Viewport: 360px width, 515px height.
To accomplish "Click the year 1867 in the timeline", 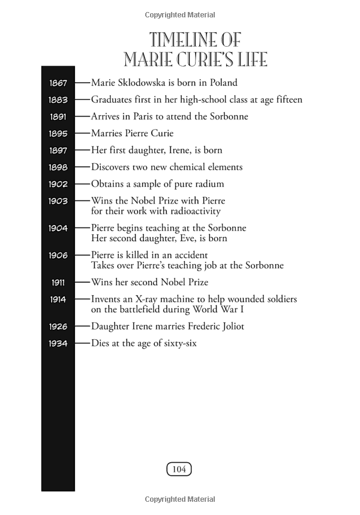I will pyautogui.click(x=58, y=83).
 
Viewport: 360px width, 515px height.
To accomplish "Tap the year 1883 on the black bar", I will pyautogui.click(x=58, y=100).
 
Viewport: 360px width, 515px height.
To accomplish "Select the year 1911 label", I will pyautogui.click(x=58, y=282).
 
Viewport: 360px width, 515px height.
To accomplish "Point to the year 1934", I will pyautogui.click(x=58, y=344).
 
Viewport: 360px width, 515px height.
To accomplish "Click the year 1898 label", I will pyautogui.click(x=58, y=167).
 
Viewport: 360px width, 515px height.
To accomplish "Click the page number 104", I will pyautogui.click(x=179, y=469).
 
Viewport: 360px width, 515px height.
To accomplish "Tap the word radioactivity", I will pyautogui.click(x=191, y=211).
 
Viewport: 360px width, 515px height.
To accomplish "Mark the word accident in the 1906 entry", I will pyautogui.click(x=190, y=255).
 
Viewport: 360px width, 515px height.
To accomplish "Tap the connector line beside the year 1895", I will pyautogui.click(x=82, y=133).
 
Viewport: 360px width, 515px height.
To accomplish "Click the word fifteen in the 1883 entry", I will pyautogui.click(x=287, y=100).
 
